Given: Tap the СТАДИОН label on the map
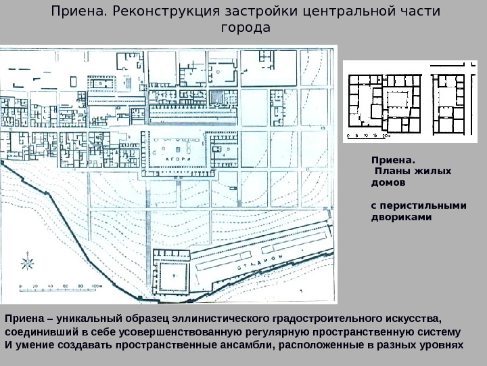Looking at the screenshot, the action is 260,264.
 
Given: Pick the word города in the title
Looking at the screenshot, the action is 245,28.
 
